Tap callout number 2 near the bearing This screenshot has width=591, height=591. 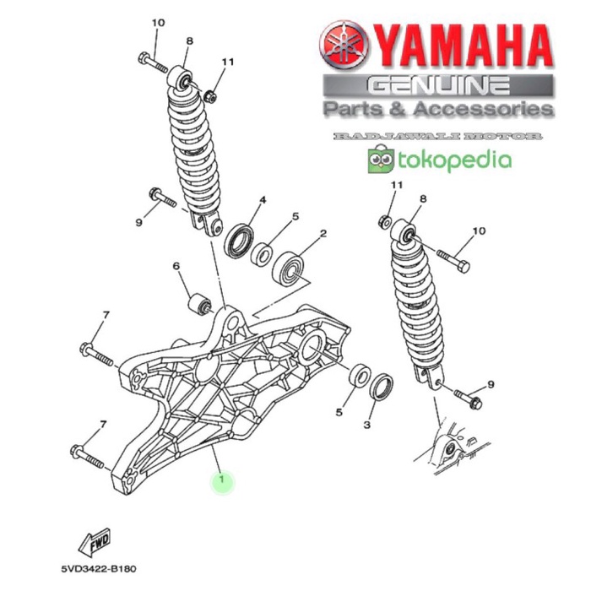(323, 234)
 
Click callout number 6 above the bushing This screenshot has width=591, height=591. (177, 267)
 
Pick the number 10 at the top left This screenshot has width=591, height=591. (156, 23)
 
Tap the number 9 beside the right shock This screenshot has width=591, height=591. (491, 385)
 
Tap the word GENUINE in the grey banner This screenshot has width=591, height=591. (438, 85)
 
